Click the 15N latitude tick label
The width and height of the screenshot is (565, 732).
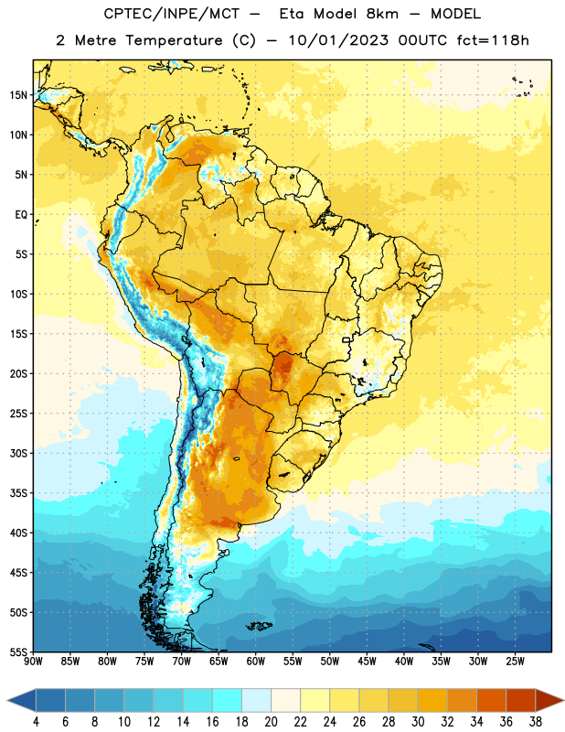[18, 95]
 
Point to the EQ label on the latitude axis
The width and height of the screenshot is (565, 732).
[21, 215]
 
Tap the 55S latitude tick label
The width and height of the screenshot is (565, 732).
[18, 651]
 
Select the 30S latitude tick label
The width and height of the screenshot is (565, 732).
[18, 453]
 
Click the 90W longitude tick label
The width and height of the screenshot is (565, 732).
[33, 662]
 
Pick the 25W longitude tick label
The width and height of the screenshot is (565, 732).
[515, 662]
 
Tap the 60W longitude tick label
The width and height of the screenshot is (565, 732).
[256, 662]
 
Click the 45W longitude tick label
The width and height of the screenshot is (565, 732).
[367, 662]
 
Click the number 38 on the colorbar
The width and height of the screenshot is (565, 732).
[536, 722]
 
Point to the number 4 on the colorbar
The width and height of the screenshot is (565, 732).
[36, 722]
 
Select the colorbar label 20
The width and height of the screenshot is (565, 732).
[271, 722]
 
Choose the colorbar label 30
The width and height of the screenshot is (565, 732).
[418, 722]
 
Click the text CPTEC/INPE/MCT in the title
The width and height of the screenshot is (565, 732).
[171, 14]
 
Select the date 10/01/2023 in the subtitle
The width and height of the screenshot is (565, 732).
[338, 40]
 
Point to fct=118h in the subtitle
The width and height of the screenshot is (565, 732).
[493, 40]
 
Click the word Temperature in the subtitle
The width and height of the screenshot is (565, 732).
[174, 40]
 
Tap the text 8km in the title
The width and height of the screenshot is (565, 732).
[382, 14]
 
